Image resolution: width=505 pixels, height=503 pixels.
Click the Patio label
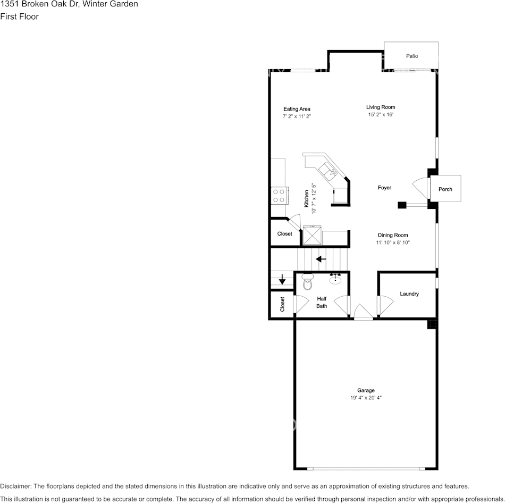pyautogui.click(x=412, y=56)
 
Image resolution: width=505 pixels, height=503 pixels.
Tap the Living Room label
pyautogui.click(x=381, y=107)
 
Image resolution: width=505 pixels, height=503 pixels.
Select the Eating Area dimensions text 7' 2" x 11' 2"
pyautogui.click(x=297, y=116)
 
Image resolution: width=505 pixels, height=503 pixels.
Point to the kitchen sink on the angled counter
pyautogui.click(x=328, y=171)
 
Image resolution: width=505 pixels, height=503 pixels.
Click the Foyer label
pyautogui.click(x=384, y=188)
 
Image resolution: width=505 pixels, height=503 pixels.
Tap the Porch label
pyautogui.click(x=445, y=189)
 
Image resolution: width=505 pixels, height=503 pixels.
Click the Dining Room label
pyautogui.click(x=393, y=235)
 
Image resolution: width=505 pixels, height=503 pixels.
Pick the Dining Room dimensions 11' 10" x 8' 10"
pyautogui.click(x=393, y=242)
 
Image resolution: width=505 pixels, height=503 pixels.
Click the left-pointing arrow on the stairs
pyautogui.click(x=321, y=259)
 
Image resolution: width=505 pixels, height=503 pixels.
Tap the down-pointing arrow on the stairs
pyautogui.click(x=282, y=279)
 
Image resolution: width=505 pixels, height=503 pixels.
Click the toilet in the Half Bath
pyautogui.click(x=308, y=282)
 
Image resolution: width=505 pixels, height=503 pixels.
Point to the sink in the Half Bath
pyautogui.click(x=335, y=279)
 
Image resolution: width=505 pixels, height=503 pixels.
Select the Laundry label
pyautogui.click(x=409, y=294)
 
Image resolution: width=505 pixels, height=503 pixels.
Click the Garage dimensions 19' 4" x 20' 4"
pyautogui.click(x=366, y=398)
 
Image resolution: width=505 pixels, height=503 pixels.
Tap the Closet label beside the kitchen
pyautogui.click(x=285, y=233)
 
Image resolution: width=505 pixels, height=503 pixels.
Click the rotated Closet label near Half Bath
pyautogui.click(x=282, y=304)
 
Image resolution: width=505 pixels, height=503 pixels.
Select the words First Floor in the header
pyautogui.click(x=19, y=16)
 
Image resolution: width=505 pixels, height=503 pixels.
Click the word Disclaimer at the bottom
pyautogui.click(x=15, y=486)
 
